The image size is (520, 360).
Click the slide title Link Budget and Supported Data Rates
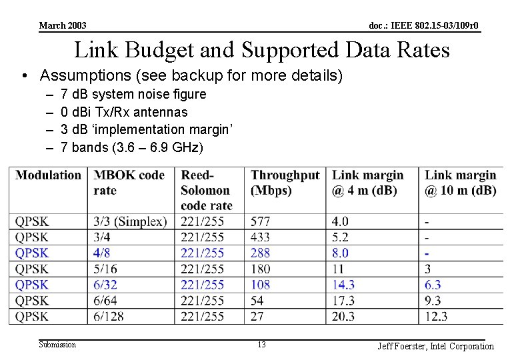pos(261,50)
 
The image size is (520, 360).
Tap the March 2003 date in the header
pos(63,26)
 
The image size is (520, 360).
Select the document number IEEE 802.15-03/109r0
pos(424,26)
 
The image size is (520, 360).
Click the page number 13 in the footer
pos(261,345)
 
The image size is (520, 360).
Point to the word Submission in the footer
pos(57,345)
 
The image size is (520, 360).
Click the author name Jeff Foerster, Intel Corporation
pos(435,346)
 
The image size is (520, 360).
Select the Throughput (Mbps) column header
pos(285,182)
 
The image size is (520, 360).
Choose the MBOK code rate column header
pos(129,182)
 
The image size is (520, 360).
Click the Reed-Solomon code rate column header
pos(206,190)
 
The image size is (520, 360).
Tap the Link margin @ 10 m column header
pos(460,182)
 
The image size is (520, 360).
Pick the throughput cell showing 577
pos(261,221)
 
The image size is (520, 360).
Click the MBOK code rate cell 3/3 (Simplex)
pos(130,221)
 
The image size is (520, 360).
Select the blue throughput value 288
pos(261,253)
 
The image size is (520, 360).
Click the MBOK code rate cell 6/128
pos(109,317)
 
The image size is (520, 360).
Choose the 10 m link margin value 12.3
pos(436,317)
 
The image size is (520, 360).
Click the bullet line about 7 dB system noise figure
pos(133,95)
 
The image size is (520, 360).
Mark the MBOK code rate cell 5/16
pos(107,269)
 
